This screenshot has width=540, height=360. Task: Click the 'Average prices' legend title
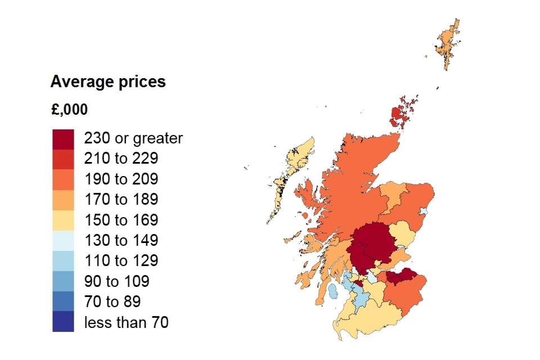click(x=108, y=82)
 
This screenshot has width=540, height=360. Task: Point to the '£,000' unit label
click(x=69, y=110)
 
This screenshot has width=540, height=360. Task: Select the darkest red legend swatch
click(x=63, y=138)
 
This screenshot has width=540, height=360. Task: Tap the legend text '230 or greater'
click(x=133, y=138)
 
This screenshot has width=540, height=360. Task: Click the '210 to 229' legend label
click(x=121, y=159)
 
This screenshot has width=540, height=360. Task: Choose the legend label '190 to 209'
click(x=121, y=179)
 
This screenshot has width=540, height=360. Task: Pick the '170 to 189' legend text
click(x=121, y=199)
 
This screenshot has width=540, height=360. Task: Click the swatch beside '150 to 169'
click(x=63, y=219)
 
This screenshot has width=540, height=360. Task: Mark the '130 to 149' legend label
click(x=121, y=240)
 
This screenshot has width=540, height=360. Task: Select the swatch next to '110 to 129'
click(x=63, y=260)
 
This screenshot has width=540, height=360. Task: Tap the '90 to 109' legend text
click(x=116, y=281)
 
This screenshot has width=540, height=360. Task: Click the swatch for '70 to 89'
click(x=63, y=301)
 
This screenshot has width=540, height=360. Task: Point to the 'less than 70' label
click(x=126, y=322)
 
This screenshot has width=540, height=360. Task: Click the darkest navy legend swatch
click(x=63, y=322)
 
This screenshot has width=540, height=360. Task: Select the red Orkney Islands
click(x=398, y=115)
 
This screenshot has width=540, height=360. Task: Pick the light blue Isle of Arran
click(x=332, y=291)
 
